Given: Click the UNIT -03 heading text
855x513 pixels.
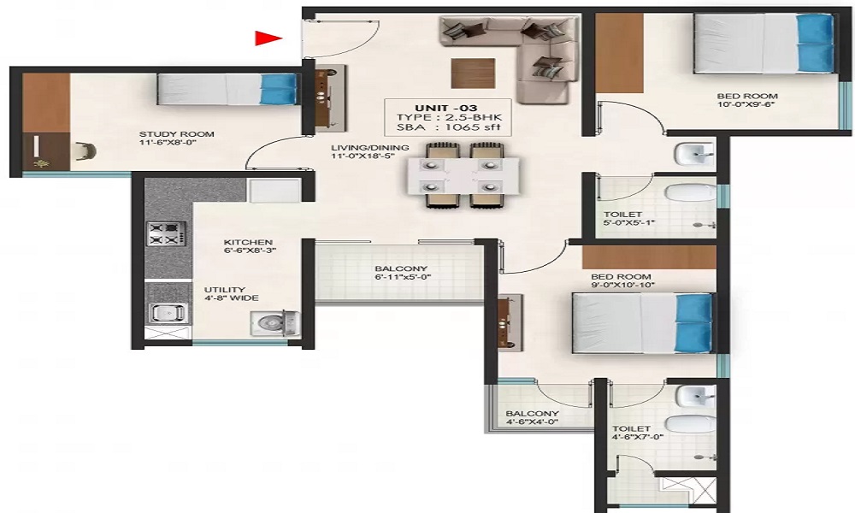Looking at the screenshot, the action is tap(446, 108).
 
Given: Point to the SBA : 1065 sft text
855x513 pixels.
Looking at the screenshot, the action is tap(446, 127).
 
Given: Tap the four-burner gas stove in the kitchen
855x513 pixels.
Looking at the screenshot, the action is tap(166, 233).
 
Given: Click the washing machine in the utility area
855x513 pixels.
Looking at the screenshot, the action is tap(274, 322).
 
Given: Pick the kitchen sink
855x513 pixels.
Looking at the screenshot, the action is tap(168, 313).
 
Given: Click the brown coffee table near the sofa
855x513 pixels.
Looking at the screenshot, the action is tap(473, 73).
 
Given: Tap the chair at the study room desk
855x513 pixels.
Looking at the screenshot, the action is tap(85, 151).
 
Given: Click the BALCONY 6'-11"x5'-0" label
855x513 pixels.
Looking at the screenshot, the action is tap(401, 273).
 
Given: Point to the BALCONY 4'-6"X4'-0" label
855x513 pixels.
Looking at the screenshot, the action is tap(532, 417).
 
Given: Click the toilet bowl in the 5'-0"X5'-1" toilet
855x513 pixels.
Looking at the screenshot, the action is tap(690, 193).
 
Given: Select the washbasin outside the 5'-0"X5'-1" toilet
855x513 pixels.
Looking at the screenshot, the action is tap(694, 154).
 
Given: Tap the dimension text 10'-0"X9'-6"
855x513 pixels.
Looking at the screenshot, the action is tap(746, 104).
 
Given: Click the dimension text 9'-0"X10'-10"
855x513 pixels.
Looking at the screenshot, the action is tap(622, 285).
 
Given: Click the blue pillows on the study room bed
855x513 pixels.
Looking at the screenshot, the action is tap(279, 89).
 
